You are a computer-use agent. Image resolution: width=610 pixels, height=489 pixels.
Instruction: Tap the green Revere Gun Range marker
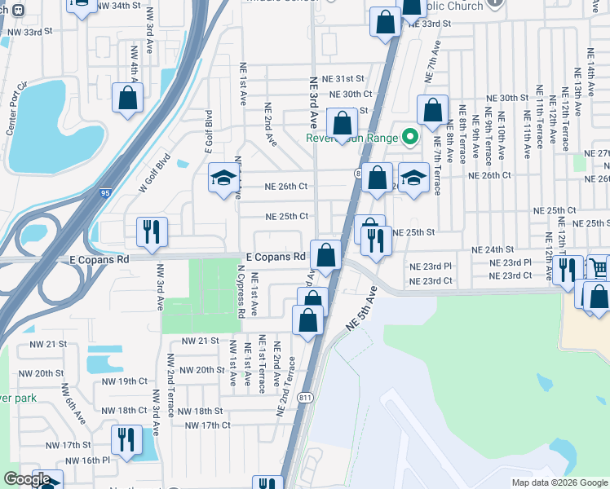coord(410,137)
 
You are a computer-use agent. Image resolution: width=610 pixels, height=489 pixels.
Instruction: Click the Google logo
coord(26,480)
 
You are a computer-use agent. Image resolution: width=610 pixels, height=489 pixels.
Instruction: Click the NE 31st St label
coord(343,79)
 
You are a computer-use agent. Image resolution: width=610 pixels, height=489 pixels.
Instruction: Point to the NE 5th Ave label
coord(362,308)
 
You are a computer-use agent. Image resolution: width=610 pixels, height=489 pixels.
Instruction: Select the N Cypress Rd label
coord(241,290)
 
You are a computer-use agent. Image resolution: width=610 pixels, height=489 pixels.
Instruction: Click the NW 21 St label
coord(201,340)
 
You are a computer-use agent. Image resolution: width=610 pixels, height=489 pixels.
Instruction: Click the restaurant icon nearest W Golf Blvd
coord(151,231)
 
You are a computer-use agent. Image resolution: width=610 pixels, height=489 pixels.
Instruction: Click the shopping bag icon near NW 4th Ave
coord(128,99)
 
